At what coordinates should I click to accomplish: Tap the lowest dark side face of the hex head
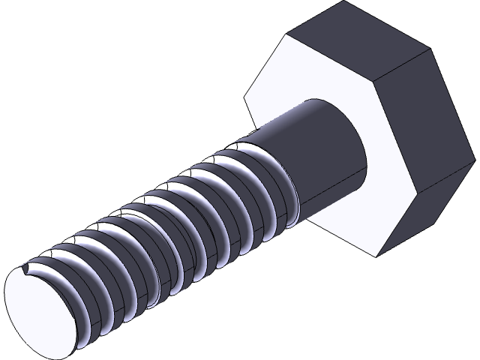click(427, 217)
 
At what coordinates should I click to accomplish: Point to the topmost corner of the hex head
click(348, 2)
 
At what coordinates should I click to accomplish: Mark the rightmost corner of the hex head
click(478, 160)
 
